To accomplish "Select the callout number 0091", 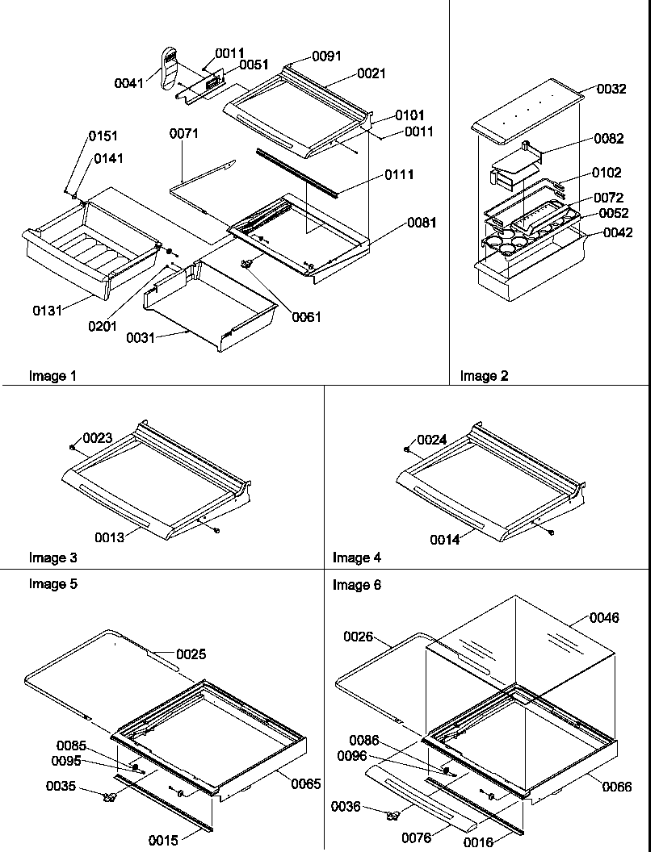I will [326, 56].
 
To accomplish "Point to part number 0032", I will [611, 90].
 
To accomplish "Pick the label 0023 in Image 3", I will [96, 438].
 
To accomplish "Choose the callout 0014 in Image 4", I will [443, 540].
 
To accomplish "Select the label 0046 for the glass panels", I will [604, 618].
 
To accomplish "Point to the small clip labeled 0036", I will [393, 816].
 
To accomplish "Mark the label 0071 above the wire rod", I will [183, 134].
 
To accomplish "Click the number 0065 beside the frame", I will [306, 783].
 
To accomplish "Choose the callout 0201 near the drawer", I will [103, 326].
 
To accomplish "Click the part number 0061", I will [306, 317].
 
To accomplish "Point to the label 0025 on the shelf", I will [191, 654].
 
